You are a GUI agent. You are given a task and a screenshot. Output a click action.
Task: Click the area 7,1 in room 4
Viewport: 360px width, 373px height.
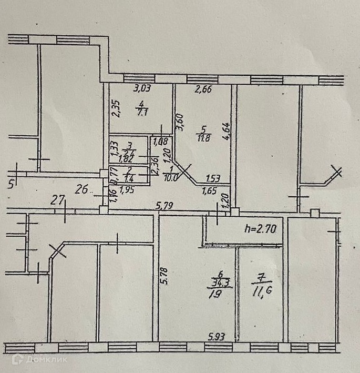click(x=141, y=112)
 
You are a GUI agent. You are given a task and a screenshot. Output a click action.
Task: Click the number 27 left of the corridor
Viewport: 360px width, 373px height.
click(x=57, y=200)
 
